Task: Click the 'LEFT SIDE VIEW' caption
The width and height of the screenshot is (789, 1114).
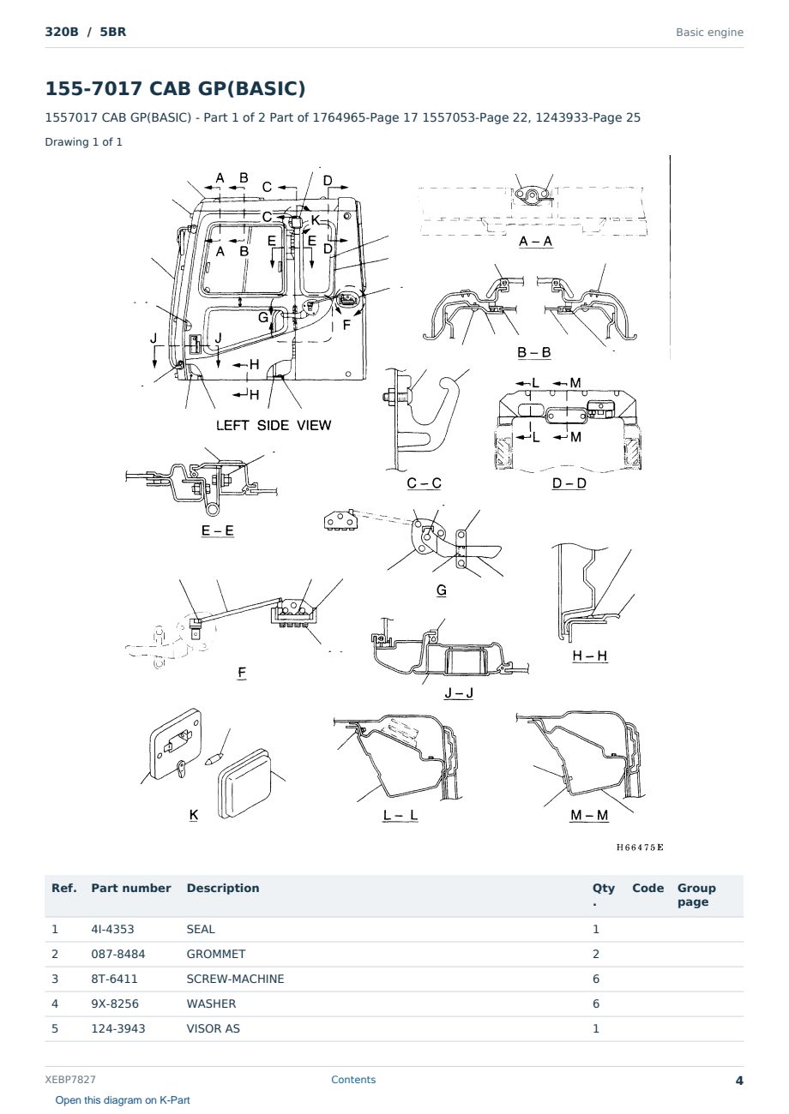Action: (x=274, y=425)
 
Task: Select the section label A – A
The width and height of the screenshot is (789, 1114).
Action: (x=535, y=242)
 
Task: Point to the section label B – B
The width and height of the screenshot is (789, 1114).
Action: (x=533, y=352)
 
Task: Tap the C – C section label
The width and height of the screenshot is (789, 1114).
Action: (x=424, y=483)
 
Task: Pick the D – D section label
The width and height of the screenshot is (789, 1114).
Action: (x=569, y=483)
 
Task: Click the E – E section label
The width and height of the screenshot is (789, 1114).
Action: (x=218, y=530)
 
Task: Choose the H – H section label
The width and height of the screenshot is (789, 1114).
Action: (x=590, y=656)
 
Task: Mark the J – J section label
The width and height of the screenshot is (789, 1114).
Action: (x=459, y=692)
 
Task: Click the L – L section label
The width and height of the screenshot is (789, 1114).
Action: (x=401, y=815)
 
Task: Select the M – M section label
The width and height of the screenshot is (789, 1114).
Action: (x=589, y=815)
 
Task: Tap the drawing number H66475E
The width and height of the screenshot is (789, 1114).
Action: (x=640, y=847)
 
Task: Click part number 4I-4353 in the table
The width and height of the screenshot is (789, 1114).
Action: (x=112, y=929)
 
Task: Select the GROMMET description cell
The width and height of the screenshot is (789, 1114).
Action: (x=216, y=954)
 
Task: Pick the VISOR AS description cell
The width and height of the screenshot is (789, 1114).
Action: (x=213, y=1028)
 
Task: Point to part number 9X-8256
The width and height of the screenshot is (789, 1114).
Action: (x=115, y=1003)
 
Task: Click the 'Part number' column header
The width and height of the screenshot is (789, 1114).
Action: (x=131, y=888)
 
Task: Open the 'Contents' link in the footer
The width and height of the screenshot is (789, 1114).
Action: (x=353, y=1080)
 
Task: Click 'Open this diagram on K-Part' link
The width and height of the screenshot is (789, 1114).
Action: (x=123, y=1100)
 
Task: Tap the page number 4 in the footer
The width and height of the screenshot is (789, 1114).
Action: (x=739, y=1081)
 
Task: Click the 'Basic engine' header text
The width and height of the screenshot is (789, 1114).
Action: (x=709, y=33)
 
